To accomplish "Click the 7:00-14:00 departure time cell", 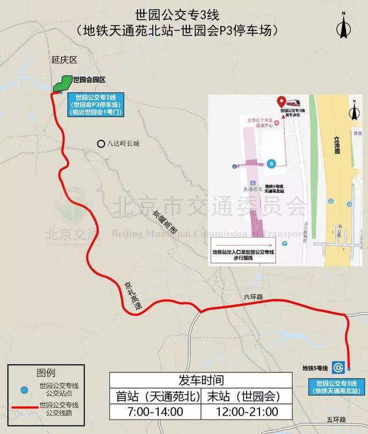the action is click(x=155, y=412).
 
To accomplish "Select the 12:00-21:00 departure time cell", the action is click(x=246, y=412).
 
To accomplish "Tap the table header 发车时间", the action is click(x=201, y=380).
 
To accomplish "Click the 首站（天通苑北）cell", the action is click(x=155, y=397).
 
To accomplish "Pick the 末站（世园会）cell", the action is click(x=246, y=397).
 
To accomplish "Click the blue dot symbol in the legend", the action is click(x=24, y=390).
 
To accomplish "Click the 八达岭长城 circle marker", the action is click(x=101, y=144).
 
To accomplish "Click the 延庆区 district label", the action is click(x=63, y=59).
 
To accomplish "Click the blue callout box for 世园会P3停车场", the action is click(x=95, y=104).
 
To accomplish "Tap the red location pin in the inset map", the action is click(x=282, y=101).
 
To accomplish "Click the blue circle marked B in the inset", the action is click(x=271, y=163).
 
